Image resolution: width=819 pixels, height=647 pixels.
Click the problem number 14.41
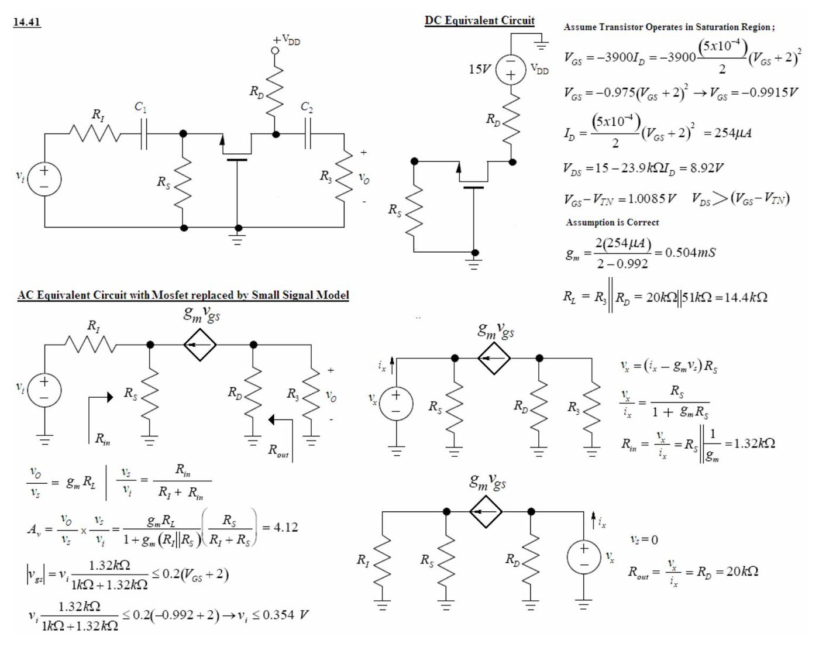pyautogui.click(x=27, y=22)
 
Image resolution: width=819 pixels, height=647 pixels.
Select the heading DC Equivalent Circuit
pyautogui.click(x=480, y=20)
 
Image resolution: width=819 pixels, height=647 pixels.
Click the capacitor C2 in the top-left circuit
pyautogui.click(x=308, y=134)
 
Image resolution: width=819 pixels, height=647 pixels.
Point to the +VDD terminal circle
pyautogui.click(x=275, y=51)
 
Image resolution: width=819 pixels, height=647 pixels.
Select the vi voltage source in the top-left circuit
pyautogui.click(x=44, y=179)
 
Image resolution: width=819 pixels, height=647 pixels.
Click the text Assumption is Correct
pyautogui.click(x=612, y=222)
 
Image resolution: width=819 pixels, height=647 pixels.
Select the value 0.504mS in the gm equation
pyautogui.click(x=690, y=252)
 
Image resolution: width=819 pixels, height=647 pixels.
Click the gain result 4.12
pyautogui.click(x=285, y=528)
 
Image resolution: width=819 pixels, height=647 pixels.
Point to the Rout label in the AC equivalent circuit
pyautogui.click(x=278, y=451)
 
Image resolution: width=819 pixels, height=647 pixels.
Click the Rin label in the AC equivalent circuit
pyautogui.click(x=102, y=439)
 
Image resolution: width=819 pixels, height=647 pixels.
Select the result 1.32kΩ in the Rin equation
pyautogui.click(x=754, y=443)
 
